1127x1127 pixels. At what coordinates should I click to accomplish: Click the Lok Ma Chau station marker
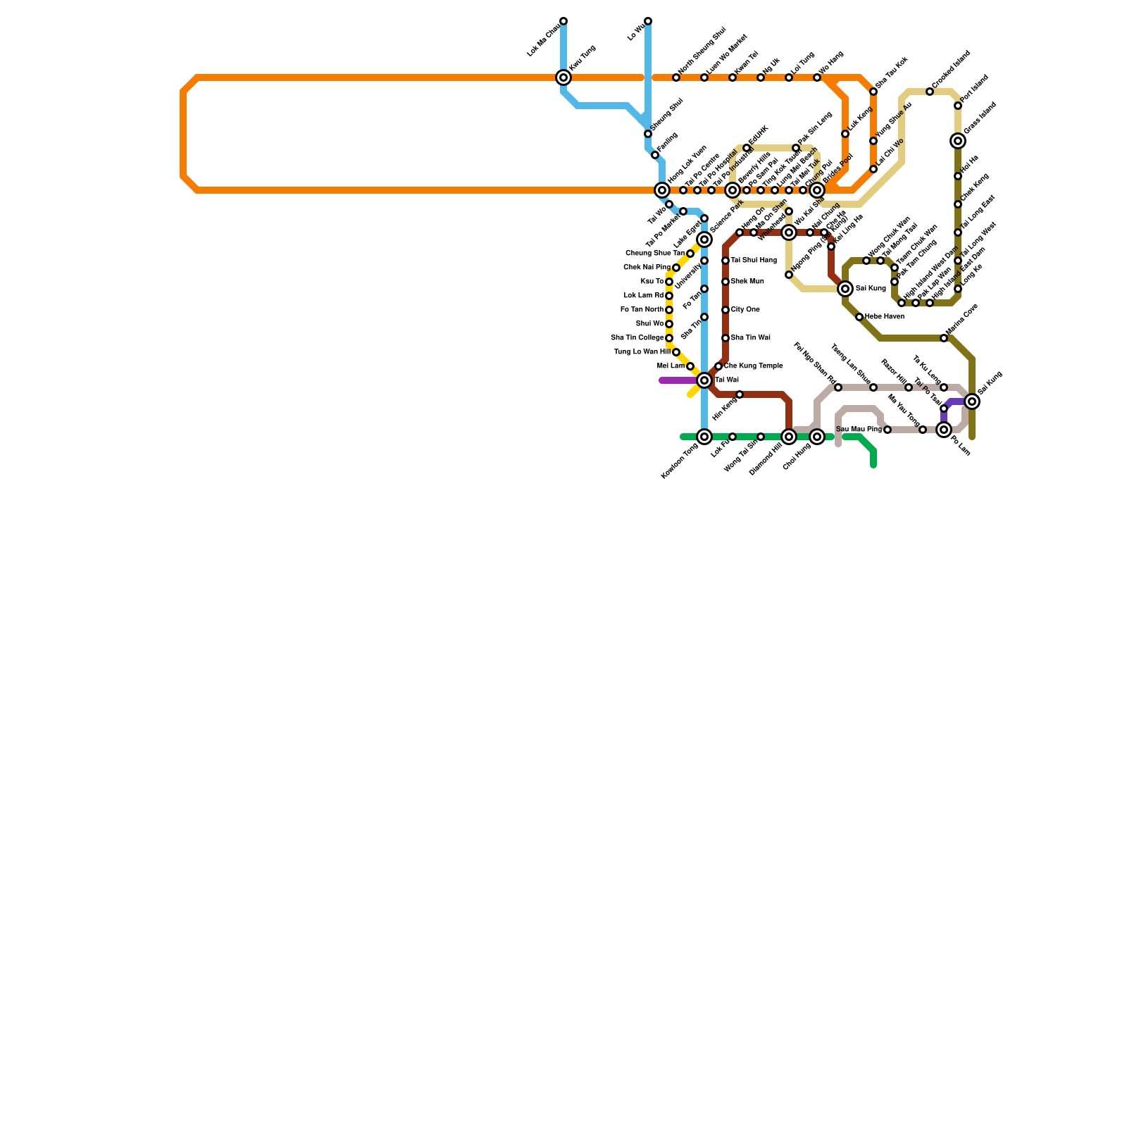coord(563,21)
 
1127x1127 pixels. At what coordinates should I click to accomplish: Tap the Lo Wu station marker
coord(648,21)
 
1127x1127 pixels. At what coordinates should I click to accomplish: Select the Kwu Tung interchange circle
coord(563,77)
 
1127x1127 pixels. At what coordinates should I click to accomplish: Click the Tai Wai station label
coord(727,380)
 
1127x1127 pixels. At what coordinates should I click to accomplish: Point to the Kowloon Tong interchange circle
coord(704,437)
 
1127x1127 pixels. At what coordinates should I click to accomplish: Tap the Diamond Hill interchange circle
coord(789,437)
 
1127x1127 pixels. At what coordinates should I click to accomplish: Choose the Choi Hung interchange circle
coord(817,437)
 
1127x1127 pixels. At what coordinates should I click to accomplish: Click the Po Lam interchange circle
coord(944,430)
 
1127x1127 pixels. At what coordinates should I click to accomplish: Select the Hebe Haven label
coord(885,317)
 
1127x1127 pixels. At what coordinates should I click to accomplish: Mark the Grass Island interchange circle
coord(958,141)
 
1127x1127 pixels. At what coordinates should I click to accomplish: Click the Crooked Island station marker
coord(930,92)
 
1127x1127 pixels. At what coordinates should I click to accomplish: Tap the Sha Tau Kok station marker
coord(873,92)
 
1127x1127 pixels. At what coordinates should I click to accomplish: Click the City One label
coord(745,310)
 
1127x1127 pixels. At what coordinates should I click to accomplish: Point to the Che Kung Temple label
coord(753,366)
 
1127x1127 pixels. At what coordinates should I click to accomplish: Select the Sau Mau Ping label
coord(859,430)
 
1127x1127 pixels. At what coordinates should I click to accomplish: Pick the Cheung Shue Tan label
coord(654,254)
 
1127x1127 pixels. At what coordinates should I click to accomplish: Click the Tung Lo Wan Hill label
coord(642,352)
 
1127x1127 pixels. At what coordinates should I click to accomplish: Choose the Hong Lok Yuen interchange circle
coord(662,190)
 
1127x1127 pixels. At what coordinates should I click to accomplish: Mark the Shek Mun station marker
coord(726,282)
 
